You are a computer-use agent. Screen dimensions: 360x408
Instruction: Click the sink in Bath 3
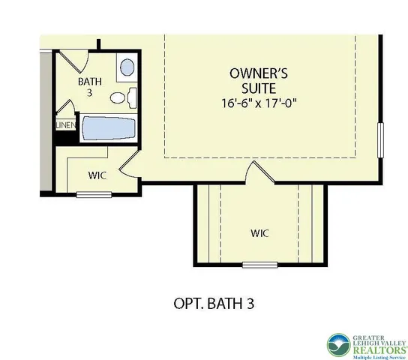tap(127, 69)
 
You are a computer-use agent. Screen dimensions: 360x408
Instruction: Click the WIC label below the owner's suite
tap(259, 233)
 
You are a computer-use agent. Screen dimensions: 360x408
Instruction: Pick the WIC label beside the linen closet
tap(96, 176)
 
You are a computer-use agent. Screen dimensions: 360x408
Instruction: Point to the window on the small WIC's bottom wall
tap(94, 196)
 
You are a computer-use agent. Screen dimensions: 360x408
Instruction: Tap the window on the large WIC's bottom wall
tap(259, 265)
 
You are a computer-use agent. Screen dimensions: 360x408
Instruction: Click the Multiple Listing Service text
tap(378, 357)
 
